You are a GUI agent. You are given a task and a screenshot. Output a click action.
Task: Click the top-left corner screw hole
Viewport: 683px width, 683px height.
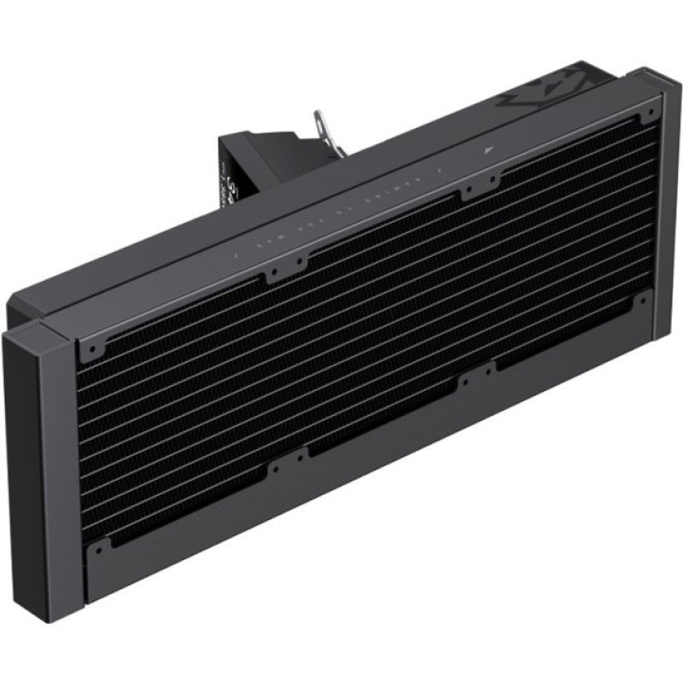91,348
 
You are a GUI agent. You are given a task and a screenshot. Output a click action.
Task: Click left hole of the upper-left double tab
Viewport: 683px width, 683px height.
271,276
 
